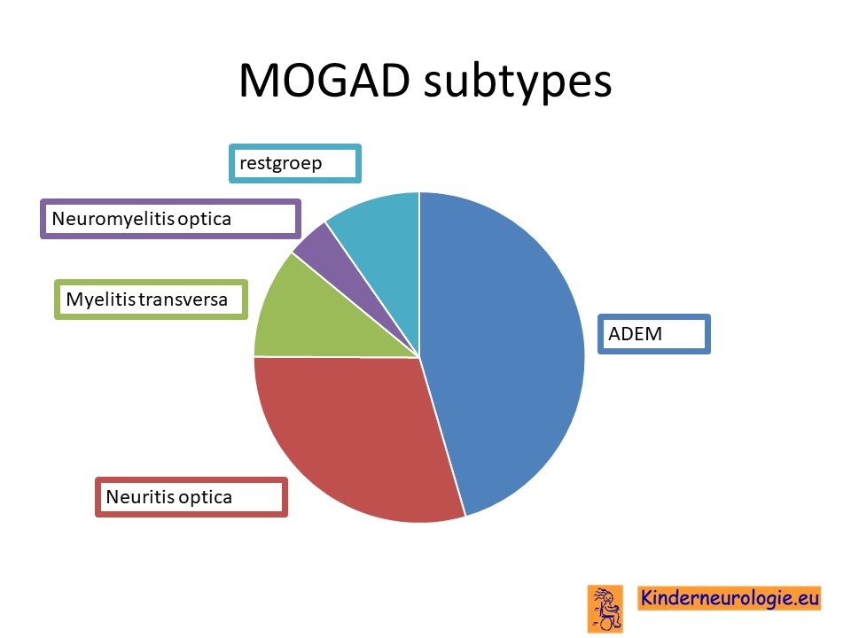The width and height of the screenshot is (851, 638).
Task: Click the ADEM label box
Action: (x=654, y=334)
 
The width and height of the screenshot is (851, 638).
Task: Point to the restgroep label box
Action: (x=294, y=163)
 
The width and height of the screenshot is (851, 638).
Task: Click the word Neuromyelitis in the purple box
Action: (x=113, y=219)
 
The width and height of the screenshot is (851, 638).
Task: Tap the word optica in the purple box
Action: (x=204, y=220)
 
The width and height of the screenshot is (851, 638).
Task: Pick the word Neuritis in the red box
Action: (x=140, y=496)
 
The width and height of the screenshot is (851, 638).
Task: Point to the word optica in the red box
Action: (x=205, y=497)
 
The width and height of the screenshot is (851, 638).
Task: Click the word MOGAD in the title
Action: (x=324, y=81)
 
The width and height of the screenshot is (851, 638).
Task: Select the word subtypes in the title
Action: (x=518, y=82)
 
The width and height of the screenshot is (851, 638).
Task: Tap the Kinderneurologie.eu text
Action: (x=729, y=598)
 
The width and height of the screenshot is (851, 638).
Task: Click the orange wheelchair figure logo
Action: (x=605, y=609)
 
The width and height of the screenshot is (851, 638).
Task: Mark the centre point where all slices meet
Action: (x=419, y=357)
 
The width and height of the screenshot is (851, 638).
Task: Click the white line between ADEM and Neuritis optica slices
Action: (x=442, y=437)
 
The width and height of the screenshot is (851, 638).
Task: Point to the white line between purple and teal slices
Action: (x=372, y=290)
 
